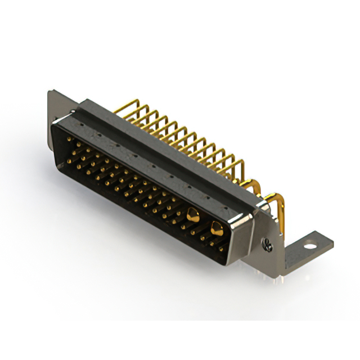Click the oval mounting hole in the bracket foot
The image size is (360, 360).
(x=308, y=245)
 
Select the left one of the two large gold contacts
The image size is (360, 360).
(x=192, y=214)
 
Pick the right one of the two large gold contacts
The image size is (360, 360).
(x=216, y=227)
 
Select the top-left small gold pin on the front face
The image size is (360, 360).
(x=69, y=139)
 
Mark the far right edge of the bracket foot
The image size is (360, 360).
(x=332, y=242)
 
